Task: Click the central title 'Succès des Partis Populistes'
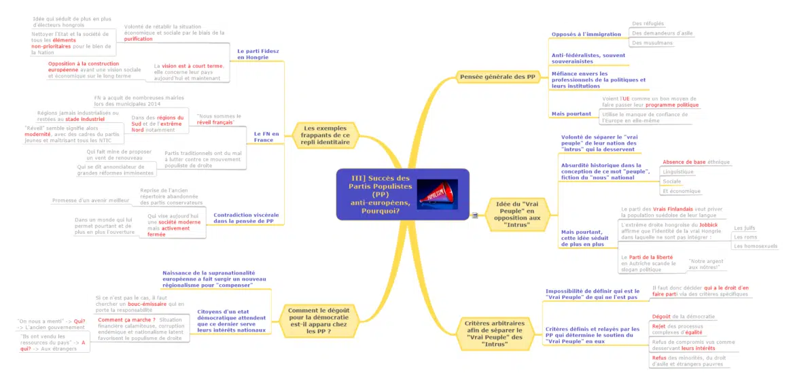click(x=376, y=193)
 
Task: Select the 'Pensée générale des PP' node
click(x=497, y=77)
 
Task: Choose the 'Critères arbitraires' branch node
click(x=494, y=333)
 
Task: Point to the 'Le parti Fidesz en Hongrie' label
click(x=258, y=54)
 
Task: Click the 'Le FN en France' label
click(x=266, y=137)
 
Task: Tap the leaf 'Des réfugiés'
click(x=648, y=24)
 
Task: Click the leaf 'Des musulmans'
click(x=652, y=43)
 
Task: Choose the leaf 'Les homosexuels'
click(x=755, y=246)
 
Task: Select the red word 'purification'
click(x=138, y=39)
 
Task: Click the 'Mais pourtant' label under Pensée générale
click(x=571, y=114)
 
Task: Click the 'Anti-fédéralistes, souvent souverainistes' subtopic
click(x=588, y=58)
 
